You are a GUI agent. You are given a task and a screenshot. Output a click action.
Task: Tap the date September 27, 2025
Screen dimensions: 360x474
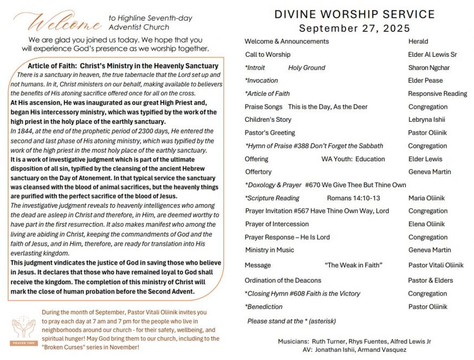click(354, 28)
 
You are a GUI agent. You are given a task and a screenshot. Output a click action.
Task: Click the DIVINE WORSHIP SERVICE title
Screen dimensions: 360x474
click(354, 15)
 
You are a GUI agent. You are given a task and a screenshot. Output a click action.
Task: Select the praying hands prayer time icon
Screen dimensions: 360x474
click(23, 329)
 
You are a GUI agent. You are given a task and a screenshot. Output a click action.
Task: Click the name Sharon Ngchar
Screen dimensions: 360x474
click(429, 68)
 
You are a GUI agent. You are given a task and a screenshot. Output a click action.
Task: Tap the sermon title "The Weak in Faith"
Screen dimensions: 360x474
click(354, 265)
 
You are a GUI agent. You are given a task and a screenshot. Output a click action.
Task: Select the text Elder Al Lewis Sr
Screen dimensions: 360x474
click(432, 55)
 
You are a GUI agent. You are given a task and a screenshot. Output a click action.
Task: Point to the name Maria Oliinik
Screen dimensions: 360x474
click(426, 198)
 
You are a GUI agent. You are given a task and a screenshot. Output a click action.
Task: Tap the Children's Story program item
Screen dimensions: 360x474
click(268, 120)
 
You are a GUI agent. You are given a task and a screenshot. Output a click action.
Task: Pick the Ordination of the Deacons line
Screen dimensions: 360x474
click(283, 280)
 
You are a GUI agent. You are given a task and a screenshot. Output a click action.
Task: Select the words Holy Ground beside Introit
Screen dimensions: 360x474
click(307, 68)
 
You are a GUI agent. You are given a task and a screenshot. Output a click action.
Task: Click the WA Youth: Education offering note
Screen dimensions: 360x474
click(353, 159)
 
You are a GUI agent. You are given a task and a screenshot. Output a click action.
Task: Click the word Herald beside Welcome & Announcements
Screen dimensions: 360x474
click(418, 41)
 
